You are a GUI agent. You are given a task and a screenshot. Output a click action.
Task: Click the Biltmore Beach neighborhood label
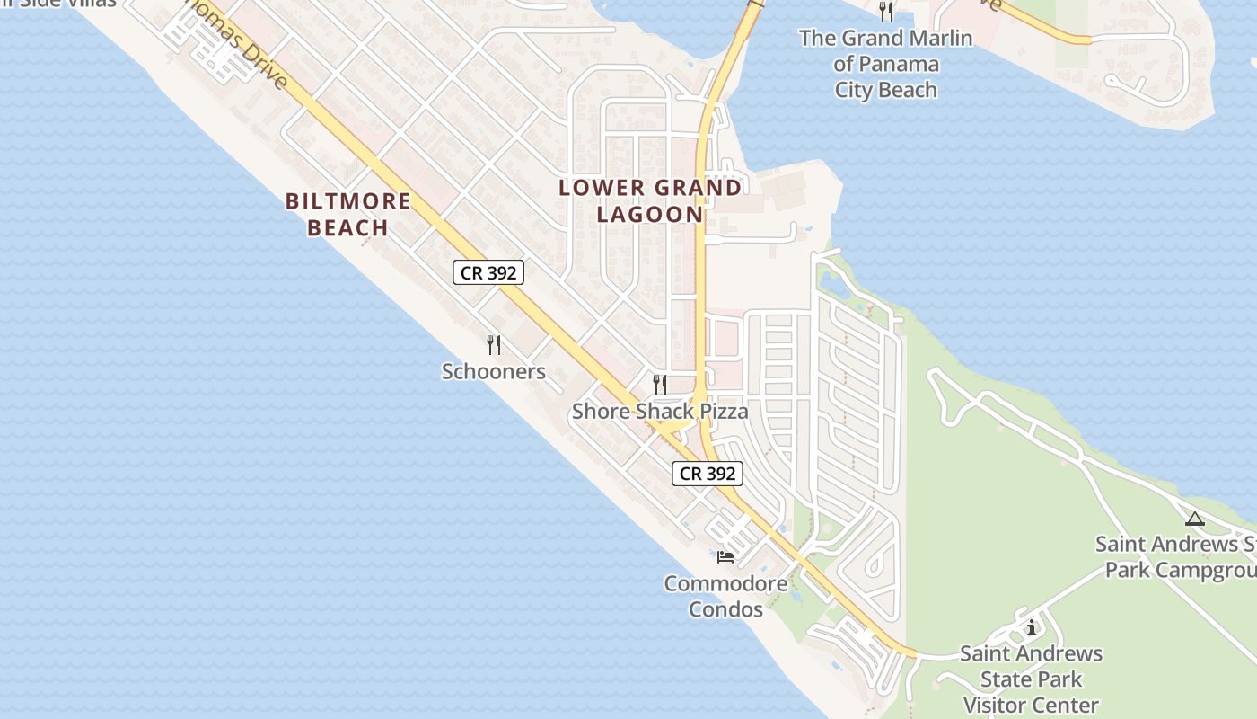click(x=347, y=214)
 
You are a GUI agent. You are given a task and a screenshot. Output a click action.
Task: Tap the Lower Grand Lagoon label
click(x=650, y=200)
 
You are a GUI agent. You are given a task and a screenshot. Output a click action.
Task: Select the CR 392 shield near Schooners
click(x=488, y=272)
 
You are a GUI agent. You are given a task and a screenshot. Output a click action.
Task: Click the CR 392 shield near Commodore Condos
click(x=708, y=473)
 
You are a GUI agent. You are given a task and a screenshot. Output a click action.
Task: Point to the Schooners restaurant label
click(x=493, y=371)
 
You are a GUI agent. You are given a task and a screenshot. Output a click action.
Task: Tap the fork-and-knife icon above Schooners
click(x=493, y=344)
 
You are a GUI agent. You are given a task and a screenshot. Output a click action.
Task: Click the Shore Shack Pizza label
click(x=660, y=412)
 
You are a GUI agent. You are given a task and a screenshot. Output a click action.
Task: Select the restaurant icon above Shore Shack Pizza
click(x=660, y=385)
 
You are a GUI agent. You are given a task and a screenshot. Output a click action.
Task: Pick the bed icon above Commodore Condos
click(x=725, y=557)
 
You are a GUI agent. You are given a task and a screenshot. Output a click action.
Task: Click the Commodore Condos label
click(x=725, y=596)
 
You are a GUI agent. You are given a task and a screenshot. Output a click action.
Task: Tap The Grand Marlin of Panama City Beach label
click(x=885, y=64)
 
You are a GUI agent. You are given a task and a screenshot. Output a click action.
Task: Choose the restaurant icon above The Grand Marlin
click(x=886, y=11)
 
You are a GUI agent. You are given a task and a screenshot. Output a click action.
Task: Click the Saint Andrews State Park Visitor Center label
click(x=1031, y=679)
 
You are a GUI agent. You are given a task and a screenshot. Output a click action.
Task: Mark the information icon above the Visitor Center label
click(x=1032, y=627)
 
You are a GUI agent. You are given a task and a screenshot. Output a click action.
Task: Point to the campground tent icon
click(x=1194, y=519)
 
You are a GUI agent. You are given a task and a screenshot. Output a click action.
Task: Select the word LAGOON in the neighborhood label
click(x=650, y=214)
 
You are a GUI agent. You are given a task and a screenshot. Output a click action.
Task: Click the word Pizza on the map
click(x=717, y=412)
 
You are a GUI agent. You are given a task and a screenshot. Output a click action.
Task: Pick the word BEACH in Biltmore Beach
click(x=347, y=227)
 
